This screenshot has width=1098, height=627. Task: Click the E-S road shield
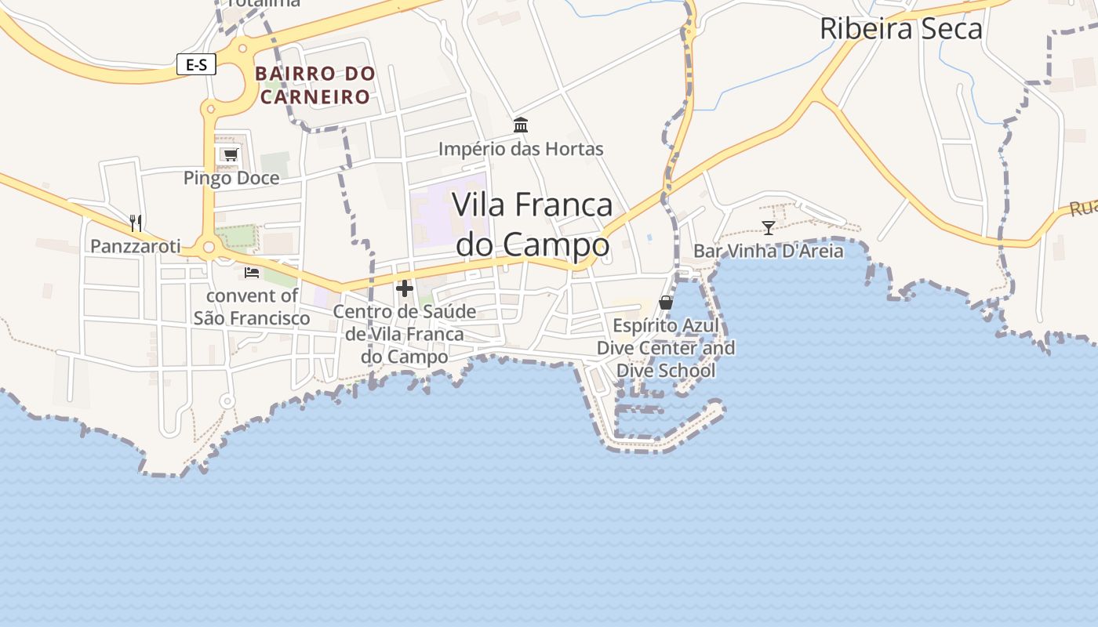pyautogui.click(x=196, y=64)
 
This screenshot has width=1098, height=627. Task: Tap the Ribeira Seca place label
pyautogui.click(x=900, y=29)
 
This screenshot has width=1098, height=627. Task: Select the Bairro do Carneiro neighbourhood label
pyautogui.click(x=314, y=85)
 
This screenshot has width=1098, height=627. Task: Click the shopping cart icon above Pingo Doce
pyautogui.click(x=230, y=154)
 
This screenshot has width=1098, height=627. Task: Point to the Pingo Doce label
pyautogui.click(x=231, y=178)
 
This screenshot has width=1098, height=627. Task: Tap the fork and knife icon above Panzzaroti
pyautogui.click(x=136, y=223)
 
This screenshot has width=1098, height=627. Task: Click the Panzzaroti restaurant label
pyautogui.click(x=136, y=246)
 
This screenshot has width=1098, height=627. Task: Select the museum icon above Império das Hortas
pyautogui.click(x=521, y=125)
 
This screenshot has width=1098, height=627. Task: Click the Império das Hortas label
pyautogui.click(x=521, y=149)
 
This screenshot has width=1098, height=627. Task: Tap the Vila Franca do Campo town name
pyautogui.click(x=533, y=224)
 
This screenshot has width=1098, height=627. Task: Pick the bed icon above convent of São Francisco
pyautogui.click(x=252, y=273)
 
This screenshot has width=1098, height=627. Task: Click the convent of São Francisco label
pyautogui.click(x=252, y=307)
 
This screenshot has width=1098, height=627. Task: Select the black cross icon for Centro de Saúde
pyautogui.click(x=405, y=288)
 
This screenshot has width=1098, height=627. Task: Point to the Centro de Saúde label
pyautogui.click(x=405, y=334)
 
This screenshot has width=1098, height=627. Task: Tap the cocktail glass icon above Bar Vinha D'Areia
pyautogui.click(x=769, y=228)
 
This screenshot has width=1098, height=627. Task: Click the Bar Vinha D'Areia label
pyautogui.click(x=769, y=251)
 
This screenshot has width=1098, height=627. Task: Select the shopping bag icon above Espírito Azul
pyautogui.click(x=666, y=303)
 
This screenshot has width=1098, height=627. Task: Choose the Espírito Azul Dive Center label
pyautogui.click(x=666, y=348)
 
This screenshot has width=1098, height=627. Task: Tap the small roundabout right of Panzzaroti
pyautogui.click(x=209, y=248)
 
